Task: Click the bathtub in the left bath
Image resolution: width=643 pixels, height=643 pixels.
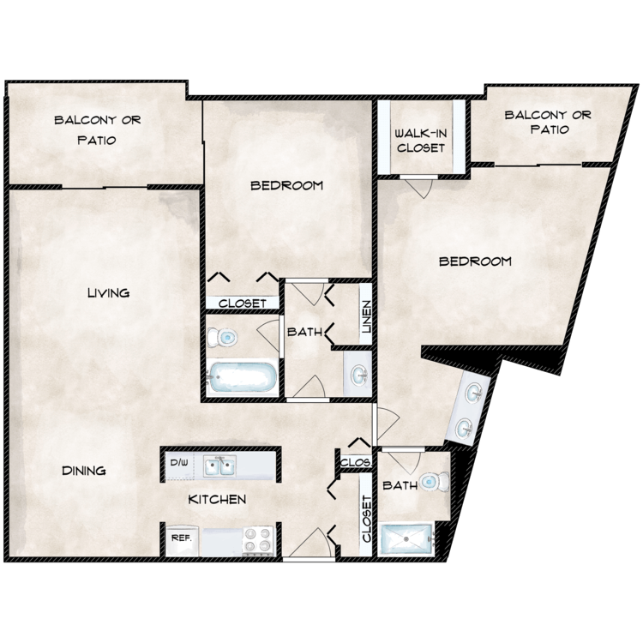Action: pos(242,377)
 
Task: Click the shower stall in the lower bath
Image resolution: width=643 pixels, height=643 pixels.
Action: pos(406,539)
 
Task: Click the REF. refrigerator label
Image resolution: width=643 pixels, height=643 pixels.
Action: pos(181,538)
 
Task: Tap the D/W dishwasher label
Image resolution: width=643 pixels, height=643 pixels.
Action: pos(178,464)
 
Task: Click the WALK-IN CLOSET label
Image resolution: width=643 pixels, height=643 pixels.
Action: pos(420,141)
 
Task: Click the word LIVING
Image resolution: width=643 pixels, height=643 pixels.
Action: pos(108,293)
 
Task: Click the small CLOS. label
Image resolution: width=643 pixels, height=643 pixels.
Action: pos(355,462)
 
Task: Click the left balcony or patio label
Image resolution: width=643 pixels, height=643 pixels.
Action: pos(85,129)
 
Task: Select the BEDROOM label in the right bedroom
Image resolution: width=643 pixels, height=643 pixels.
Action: pos(475,261)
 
